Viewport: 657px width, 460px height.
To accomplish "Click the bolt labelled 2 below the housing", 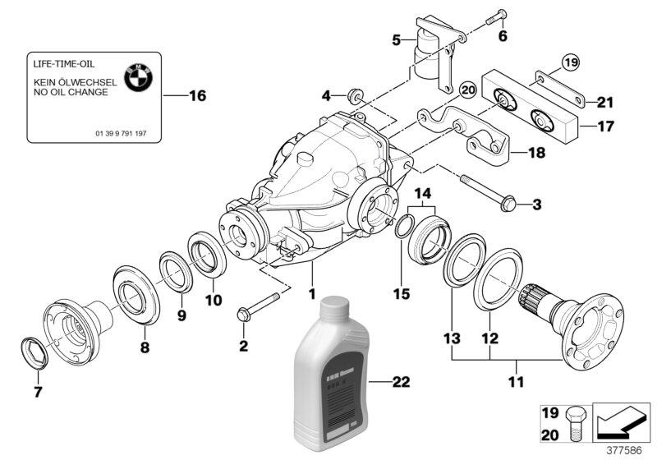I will (248, 313).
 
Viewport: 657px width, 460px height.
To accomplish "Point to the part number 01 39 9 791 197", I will (120, 133).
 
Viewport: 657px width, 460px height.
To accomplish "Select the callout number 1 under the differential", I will (311, 292).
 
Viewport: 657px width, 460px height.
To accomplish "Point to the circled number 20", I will (467, 90).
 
